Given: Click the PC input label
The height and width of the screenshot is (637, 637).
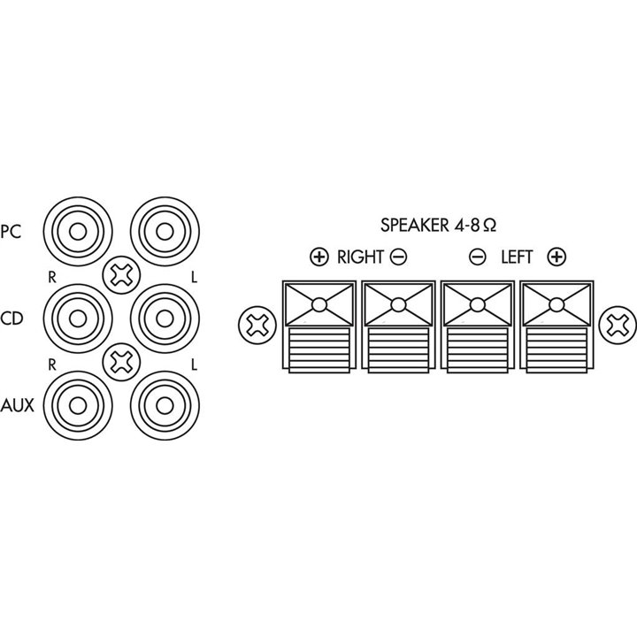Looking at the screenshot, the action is pos(11,232).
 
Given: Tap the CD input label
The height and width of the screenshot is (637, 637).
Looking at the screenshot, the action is pos(12,318).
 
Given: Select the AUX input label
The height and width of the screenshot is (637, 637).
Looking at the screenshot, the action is pos(17,405).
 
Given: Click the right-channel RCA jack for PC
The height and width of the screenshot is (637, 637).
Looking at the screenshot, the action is pos(78,232).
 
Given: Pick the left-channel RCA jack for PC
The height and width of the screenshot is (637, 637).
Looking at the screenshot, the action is pos(165,232).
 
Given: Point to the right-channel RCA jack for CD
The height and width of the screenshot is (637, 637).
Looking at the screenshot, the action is pos(78,318).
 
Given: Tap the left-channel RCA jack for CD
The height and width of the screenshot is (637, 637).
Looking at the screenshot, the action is pos(165,318).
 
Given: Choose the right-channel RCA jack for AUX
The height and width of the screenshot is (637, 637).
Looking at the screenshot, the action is pos(78,405).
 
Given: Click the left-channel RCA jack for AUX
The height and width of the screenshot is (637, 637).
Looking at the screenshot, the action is pos(165,405).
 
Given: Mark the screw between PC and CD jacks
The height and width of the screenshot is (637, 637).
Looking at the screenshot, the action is pos(121,275).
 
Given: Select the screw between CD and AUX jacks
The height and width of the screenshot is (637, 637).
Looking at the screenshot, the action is pos(121,362).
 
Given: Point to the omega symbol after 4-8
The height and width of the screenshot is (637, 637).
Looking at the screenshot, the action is pos(490,226).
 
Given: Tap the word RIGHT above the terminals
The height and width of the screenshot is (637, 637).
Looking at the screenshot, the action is pos(360,257).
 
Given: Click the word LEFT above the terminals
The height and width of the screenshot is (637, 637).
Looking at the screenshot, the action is pos(517,257).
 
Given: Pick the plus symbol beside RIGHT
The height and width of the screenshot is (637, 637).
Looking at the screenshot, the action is pos(318,257).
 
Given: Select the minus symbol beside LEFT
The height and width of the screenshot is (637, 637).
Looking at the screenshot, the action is pos(478,257).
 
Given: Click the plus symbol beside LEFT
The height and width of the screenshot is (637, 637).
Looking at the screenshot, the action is pos(556,257).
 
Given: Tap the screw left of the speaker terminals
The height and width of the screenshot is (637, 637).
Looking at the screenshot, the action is pos(257,325).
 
